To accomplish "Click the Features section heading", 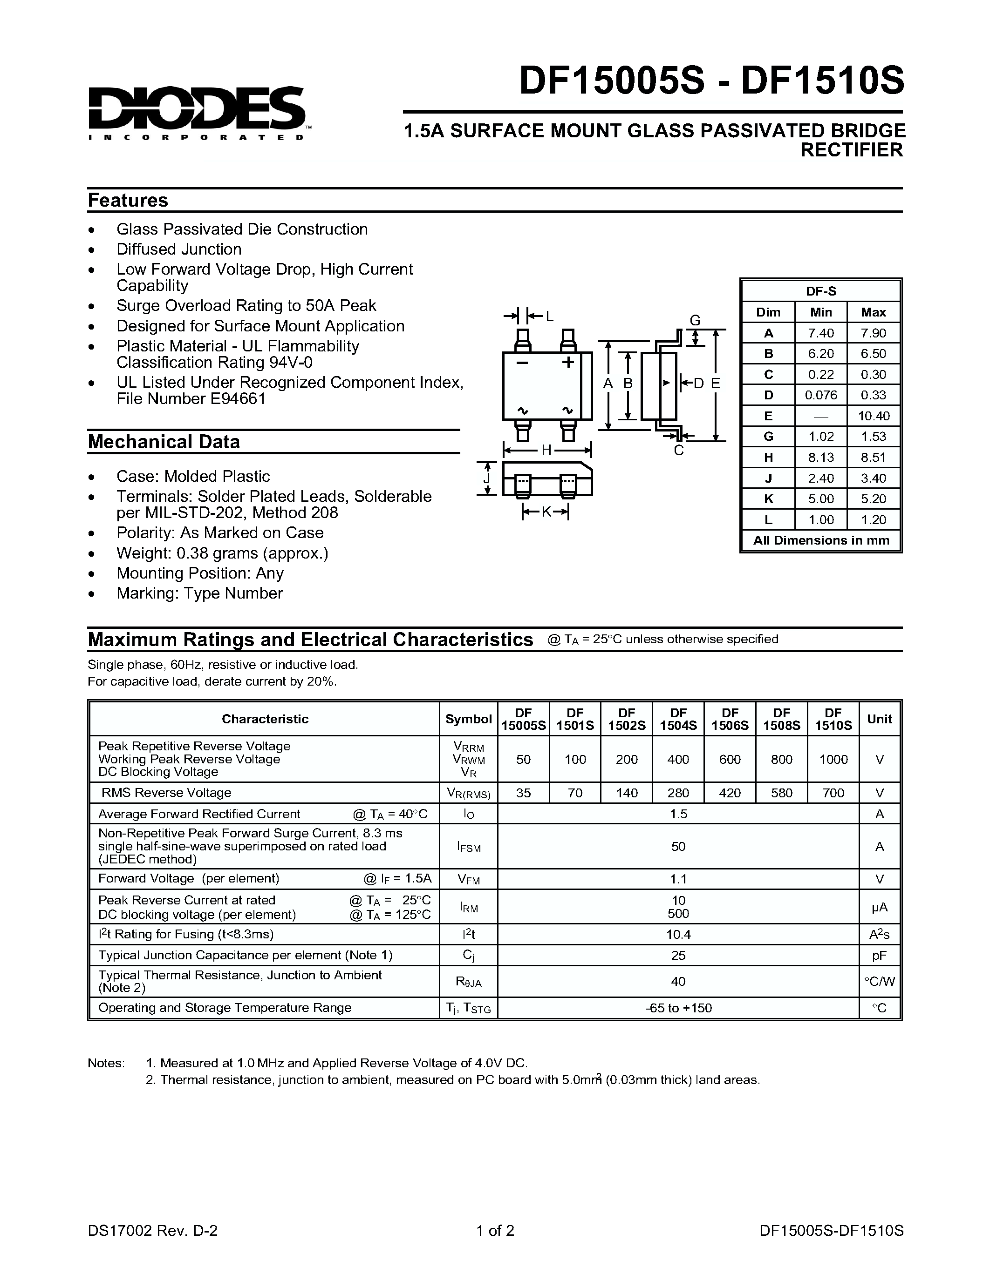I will tap(128, 201).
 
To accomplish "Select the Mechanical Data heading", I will tap(164, 442).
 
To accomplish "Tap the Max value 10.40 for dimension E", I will tap(873, 416).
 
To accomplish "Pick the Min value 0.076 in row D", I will tap(820, 395).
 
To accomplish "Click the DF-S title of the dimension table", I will tap(820, 291).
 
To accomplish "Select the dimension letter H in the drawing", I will tap(546, 450).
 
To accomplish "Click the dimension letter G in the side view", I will tap(695, 321).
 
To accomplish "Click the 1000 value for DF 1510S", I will tap(833, 760).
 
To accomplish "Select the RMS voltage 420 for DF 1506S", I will tap(730, 793).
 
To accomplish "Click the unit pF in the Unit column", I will tap(879, 955).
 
